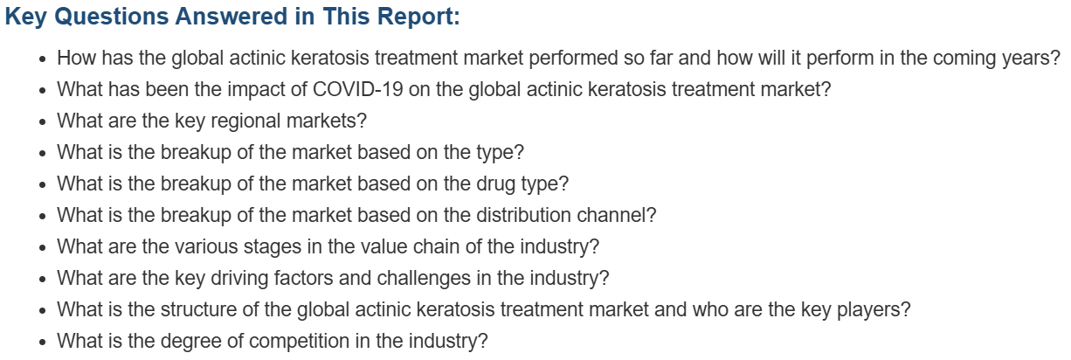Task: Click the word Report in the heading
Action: coord(416,17)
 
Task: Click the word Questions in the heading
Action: coord(112,17)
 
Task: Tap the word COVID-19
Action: coord(357,89)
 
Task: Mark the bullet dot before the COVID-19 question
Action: coord(43,90)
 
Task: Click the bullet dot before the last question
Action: coord(43,343)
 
